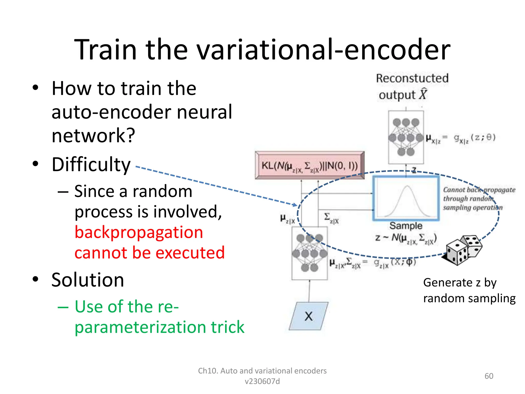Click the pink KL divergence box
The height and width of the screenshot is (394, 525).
(x=310, y=165)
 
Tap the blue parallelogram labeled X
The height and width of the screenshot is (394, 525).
(x=309, y=316)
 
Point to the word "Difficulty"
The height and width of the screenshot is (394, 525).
(x=91, y=165)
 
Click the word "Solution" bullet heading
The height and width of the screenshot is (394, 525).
(x=88, y=280)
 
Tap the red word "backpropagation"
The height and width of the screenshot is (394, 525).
(x=139, y=232)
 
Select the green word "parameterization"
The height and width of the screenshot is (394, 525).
(x=141, y=327)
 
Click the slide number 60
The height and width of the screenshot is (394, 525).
(x=489, y=376)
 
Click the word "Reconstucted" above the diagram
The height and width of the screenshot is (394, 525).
(x=412, y=78)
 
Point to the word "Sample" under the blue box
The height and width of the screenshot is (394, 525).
(x=406, y=226)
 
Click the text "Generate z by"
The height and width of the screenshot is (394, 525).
(x=460, y=282)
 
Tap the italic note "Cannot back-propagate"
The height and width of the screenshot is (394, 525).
(x=479, y=190)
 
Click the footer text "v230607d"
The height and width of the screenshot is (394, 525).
(x=262, y=381)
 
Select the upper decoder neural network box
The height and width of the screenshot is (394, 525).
(x=406, y=137)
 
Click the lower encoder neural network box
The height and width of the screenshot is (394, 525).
(x=309, y=253)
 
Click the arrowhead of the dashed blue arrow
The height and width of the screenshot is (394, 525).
(x=295, y=205)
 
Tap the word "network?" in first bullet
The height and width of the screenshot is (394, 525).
(x=93, y=135)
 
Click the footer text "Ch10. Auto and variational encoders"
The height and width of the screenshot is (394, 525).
(x=262, y=371)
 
